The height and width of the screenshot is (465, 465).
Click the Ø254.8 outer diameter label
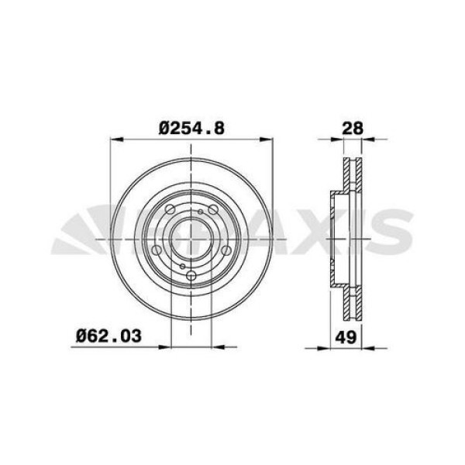191,129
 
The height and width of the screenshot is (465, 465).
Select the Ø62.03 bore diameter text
108,336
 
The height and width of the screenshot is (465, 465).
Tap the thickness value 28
353,129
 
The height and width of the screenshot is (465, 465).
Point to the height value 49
346,337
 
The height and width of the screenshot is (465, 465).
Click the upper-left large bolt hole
170,209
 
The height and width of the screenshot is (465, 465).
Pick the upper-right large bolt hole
213,209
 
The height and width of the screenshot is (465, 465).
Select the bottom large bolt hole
191,275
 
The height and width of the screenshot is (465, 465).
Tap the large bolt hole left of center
157,250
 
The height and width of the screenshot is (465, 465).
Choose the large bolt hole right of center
226,250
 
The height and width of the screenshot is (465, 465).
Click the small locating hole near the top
201,212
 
